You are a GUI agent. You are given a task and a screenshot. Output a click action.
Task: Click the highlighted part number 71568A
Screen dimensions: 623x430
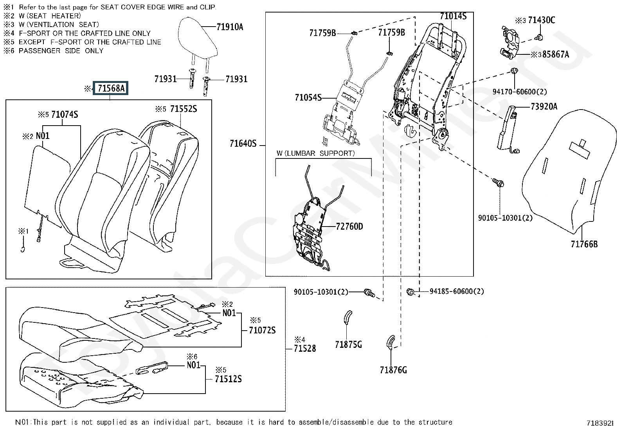(x=110, y=88)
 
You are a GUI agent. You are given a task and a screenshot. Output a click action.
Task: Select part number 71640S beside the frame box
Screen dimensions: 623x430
(x=243, y=144)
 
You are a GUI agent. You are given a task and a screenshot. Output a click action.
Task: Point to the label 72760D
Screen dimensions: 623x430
(x=349, y=227)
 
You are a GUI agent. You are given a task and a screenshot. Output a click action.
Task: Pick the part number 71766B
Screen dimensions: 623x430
(x=584, y=244)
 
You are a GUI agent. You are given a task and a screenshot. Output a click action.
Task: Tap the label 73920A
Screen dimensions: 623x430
(x=544, y=106)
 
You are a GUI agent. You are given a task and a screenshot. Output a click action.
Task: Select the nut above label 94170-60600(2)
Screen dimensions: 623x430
(x=514, y=71)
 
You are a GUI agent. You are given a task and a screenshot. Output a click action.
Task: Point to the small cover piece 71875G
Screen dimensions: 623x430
(x=348, y=317)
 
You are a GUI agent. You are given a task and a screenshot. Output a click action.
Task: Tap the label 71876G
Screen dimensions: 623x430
(x=393, y=370)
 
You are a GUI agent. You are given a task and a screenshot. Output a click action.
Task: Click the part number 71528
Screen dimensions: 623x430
(x=305, y=348)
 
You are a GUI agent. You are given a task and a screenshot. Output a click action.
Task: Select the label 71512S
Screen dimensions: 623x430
(x=228, y=379)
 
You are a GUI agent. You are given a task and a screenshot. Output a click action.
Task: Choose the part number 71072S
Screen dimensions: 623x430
(x=262, y=330)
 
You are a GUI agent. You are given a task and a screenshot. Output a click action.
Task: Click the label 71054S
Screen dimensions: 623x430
(x=308, y=97)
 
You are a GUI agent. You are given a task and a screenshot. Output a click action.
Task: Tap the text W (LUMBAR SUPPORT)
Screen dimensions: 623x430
(x=316, y=153)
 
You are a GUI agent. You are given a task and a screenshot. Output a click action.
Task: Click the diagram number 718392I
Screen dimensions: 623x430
(x=600, y=423)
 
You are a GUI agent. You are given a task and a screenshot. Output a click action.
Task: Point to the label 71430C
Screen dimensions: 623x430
(x=541, y=20)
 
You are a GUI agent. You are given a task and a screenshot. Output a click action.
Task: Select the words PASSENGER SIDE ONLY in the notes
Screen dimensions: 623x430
(x=61, y=51)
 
